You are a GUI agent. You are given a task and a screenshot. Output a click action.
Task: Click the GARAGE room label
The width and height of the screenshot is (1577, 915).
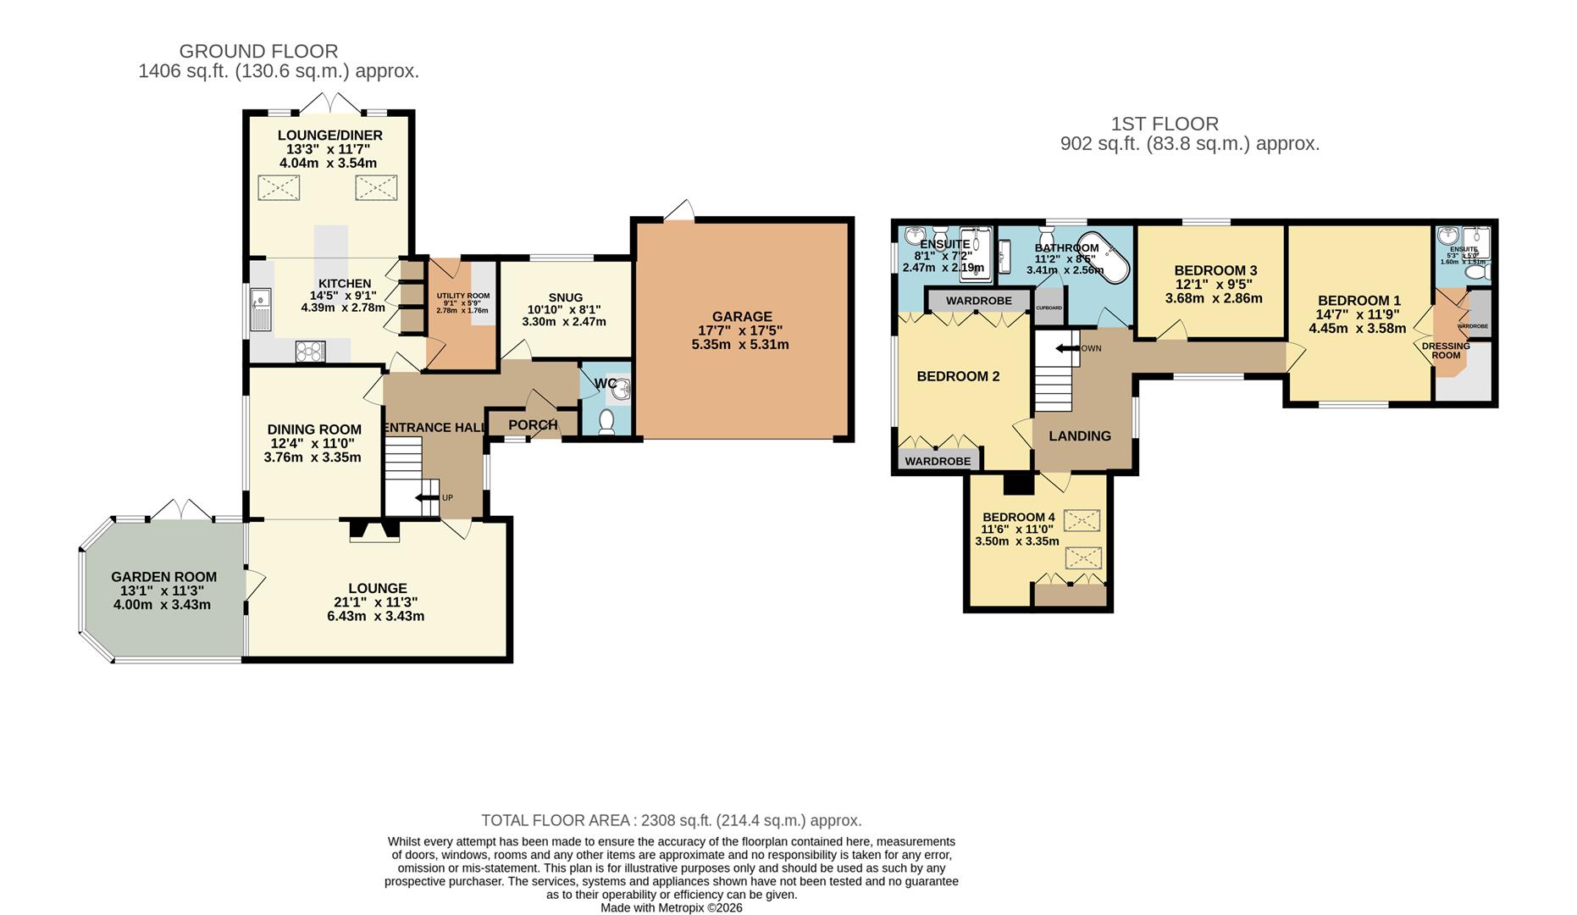pyautogui.click(x=741, y=317)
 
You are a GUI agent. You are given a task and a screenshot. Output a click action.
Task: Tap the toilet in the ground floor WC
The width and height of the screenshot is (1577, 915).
pyautogui.click(x=606, y=421)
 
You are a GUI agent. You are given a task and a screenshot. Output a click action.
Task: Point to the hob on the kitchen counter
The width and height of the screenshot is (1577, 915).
pyautogui.click(x=311, y=351)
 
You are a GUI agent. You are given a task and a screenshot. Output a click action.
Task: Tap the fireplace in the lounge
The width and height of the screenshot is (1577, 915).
pyautogui.click(x=374, y=530)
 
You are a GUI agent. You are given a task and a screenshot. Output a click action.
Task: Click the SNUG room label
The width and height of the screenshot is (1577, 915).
pyautogui.click(x=565, y=297)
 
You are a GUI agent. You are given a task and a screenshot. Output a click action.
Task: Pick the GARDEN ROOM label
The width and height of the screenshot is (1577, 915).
pyautogui.click(x=163, y=577)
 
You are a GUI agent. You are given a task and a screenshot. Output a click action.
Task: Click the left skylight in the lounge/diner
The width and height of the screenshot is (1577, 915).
pyautogui.click(x=279, y=187)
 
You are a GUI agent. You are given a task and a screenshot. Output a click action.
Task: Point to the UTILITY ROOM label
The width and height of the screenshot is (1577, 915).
pyautogui.click(x=462, y=296)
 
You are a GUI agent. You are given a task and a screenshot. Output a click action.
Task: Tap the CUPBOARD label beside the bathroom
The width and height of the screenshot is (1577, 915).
pyautogui.click(x=1049, y=308)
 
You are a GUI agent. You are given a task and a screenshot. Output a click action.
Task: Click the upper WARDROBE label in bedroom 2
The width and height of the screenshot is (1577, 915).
pyautogui.click(x=978, y=301)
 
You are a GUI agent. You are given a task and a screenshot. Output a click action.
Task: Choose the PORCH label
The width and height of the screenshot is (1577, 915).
pyautogui.click(x=533, y=425)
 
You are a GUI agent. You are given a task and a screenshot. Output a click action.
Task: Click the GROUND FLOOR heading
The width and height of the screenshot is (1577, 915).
pyautogui.click(x=258, y=52)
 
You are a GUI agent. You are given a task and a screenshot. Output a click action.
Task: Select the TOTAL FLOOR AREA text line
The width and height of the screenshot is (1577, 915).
pyautogui.click(x=671, y=820)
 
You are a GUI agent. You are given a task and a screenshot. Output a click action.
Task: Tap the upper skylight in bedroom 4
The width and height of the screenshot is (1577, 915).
pyautogui.click(x=1082, y=519)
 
